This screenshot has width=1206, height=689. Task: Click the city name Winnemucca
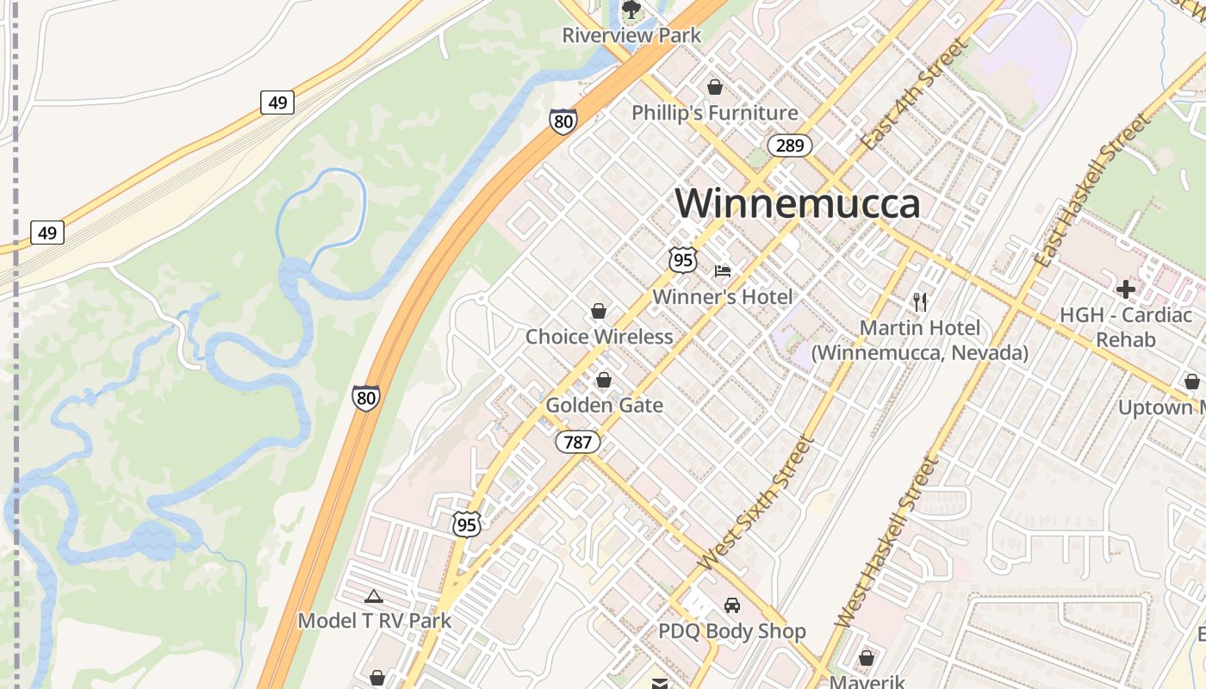(x=798, y=204)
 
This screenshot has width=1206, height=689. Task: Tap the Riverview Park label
(x=631, y=35)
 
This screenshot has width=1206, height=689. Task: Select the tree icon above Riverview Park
(x=631, y=9)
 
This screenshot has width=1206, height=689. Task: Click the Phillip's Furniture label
(x=714, y=113)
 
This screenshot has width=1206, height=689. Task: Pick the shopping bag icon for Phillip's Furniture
(x=714, y=87)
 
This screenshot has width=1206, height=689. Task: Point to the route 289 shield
(x=790, y=146)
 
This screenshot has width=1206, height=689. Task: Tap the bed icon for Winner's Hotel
(x=723, y=271)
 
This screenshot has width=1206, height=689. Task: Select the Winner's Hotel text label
(x=722, y=297)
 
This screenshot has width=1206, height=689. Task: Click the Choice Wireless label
(x=599, y=337)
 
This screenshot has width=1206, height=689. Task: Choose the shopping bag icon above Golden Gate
(x=604, y=380)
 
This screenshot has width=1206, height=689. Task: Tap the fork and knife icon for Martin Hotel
(x=920, y=301)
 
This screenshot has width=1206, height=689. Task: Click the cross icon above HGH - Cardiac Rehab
(x=1125, y=289)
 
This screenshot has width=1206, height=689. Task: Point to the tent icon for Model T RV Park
(x=373, y=596)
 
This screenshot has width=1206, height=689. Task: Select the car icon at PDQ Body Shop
(x=731, y=605)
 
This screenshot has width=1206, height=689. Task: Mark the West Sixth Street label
(x=755, y=505)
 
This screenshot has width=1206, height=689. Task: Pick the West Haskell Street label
(x=886, y=541)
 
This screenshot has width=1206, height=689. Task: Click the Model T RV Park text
(x=374, y=621)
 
